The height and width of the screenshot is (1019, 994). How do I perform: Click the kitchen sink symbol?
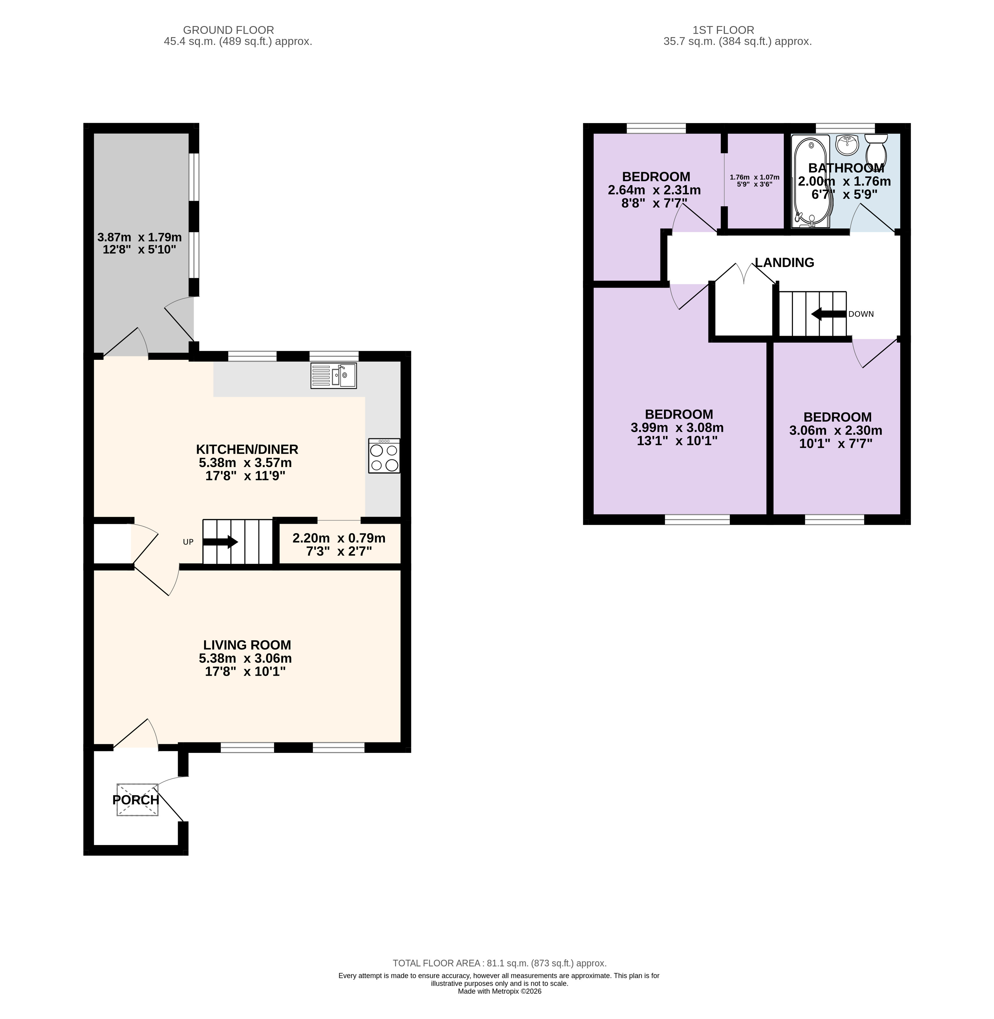click(x=334, y=376)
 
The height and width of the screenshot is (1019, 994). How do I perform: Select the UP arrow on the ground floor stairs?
click(x=220, y=542)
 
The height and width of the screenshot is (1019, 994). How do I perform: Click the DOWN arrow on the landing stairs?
click(x=829, y=314)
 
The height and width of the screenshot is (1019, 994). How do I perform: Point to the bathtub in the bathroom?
click(x=810, y=182)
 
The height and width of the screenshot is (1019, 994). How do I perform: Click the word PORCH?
click(x=136, y=800)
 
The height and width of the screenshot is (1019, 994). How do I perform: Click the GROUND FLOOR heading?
click(x=229, y=30)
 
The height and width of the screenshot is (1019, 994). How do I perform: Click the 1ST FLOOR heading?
click(x=723, y=30)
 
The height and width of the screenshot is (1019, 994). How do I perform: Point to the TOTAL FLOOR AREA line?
click(x=500, y=963)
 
